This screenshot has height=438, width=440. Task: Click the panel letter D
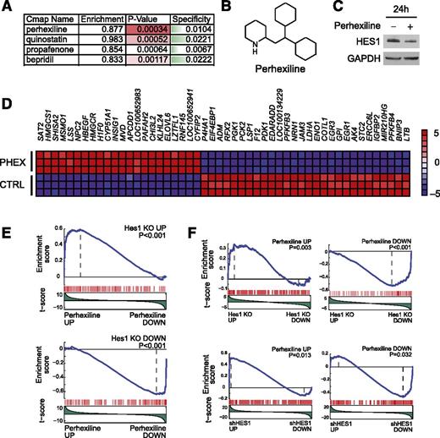8,109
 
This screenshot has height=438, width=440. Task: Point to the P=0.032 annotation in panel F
410,342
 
